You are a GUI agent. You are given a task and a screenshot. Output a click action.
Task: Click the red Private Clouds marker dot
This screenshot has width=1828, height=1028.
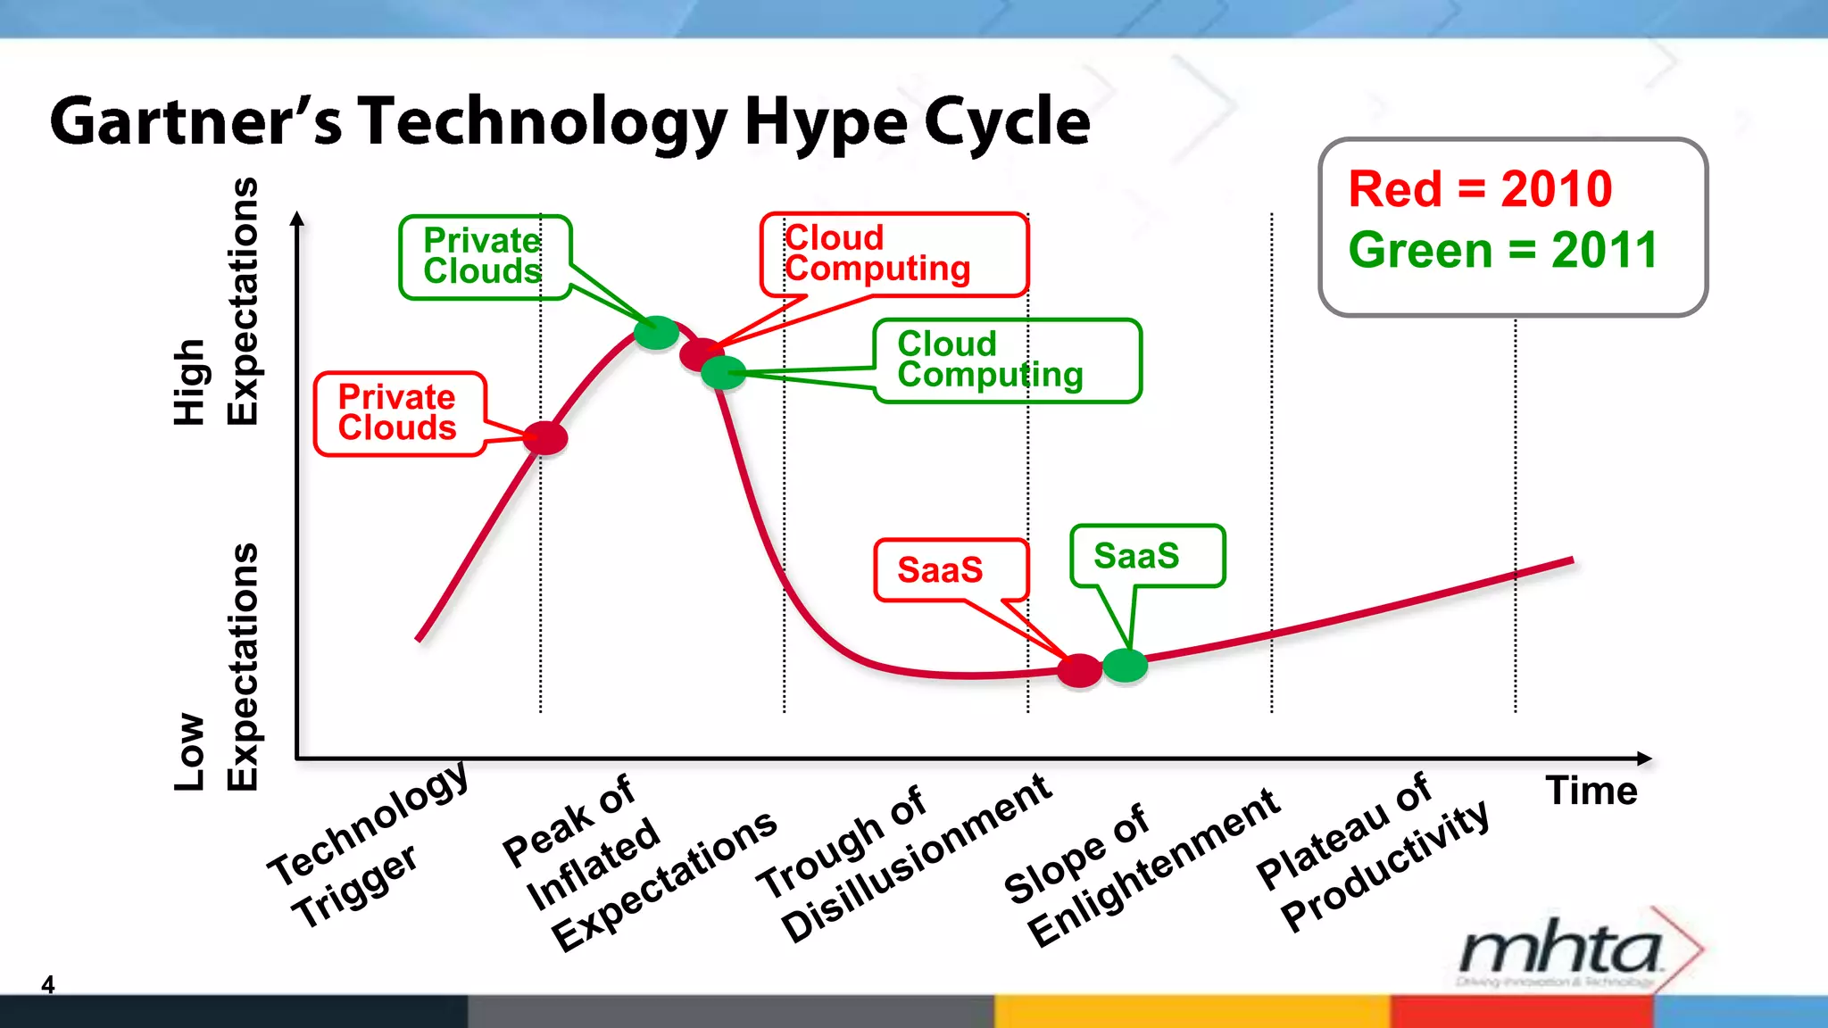tap(544, 438)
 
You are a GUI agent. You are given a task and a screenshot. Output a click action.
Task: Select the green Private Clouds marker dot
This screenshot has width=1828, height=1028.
tap(656, 333)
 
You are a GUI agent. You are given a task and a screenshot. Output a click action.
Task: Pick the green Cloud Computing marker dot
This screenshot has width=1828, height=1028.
tap(723, 372)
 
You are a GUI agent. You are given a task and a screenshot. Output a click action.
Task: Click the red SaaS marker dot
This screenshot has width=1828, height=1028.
tap(1079, 670)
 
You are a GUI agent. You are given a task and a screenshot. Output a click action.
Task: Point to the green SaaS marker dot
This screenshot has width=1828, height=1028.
tap(1125, 666)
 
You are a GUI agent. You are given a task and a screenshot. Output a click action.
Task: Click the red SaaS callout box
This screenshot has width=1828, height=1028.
tap(951, 570)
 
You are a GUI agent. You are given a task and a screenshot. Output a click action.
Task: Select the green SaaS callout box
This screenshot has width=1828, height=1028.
tap(1147, 556)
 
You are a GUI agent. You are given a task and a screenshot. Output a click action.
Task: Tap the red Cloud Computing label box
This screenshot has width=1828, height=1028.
tap(893, 254)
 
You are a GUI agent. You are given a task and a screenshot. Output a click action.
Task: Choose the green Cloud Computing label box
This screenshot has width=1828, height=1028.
tap(1007, 361)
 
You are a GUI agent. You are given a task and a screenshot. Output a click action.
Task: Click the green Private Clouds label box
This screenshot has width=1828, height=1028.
tap(485, 257)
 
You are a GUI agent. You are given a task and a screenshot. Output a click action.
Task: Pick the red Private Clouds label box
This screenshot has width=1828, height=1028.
tap(399, 414)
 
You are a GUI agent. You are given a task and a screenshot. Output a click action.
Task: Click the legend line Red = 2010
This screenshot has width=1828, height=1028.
tap(1480, 189)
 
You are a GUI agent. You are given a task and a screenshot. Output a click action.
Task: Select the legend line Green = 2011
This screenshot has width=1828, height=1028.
tap(1502, 250)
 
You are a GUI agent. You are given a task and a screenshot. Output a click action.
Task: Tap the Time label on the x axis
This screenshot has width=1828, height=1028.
tap(1591, 791)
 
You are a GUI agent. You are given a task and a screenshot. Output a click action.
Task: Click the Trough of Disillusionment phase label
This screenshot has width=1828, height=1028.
tap(902, 862)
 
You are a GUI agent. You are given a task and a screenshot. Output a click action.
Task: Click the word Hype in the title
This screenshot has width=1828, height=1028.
tap(826, 122)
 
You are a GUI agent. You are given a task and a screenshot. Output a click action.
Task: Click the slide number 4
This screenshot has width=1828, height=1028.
tap(48, 984)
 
